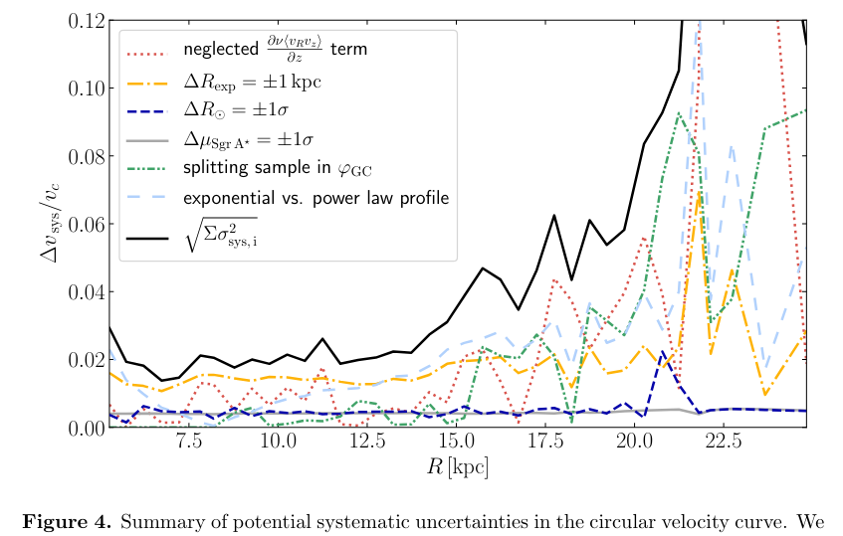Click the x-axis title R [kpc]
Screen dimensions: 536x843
tap(456, 465)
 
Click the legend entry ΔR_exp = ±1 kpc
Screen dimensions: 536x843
tap(252, 81)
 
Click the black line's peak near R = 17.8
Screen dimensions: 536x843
tap(554, 215)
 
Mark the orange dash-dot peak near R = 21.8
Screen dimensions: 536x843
tap(700, 195)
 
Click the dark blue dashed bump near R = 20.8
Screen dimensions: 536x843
tap(663, 351)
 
